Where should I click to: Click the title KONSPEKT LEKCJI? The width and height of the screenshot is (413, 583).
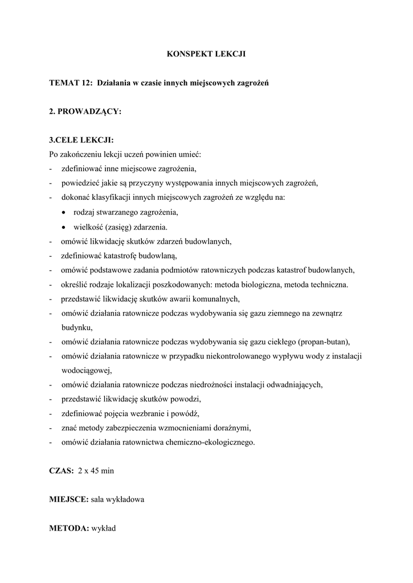click(206, 54)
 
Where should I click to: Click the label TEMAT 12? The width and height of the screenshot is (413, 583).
click(71, 83)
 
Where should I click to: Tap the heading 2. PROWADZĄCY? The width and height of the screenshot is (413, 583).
click(85, 112)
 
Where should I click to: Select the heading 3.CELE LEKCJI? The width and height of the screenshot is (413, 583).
click(81, 140)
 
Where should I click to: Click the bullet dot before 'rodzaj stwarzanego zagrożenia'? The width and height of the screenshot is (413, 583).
click(64, 213)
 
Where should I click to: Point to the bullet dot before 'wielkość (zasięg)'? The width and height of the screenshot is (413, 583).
click(64, 227)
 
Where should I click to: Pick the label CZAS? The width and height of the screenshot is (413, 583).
click(62, 471)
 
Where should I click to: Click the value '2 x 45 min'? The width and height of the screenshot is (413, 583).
click(96, 471)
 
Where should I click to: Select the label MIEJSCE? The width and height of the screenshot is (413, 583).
click(69, 499)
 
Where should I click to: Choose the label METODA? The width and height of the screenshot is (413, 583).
click(68, 528)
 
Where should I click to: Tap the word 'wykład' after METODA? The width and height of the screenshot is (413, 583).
click(104, 528)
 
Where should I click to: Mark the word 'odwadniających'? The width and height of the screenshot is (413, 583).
click(296, 384)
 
